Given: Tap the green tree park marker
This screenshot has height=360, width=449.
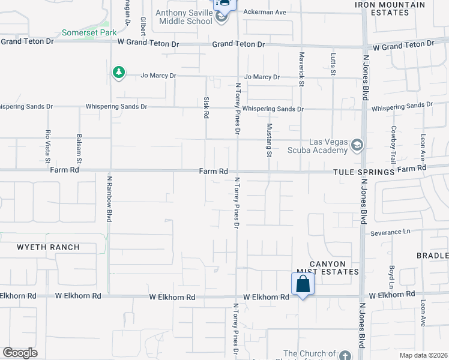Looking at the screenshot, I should (x=119, y=73).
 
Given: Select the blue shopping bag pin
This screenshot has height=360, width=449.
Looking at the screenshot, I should (x=303, y=284).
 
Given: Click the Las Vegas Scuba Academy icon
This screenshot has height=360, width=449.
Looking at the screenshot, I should (x=357, y=145).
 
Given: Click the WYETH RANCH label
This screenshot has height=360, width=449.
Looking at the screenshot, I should (x=48, y=247).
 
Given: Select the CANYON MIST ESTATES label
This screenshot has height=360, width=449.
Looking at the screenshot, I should (x=328, y=268).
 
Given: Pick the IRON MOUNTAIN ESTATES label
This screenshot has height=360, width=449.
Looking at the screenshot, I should (x=390, y=9).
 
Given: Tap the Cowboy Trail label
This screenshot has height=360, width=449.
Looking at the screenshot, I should (x=394, y=145).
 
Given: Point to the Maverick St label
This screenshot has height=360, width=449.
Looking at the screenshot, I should (x=301, y=67).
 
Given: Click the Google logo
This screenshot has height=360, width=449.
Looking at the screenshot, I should (x=20, y=352).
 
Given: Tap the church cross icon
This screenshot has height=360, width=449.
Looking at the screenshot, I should (x=345, y=356).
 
